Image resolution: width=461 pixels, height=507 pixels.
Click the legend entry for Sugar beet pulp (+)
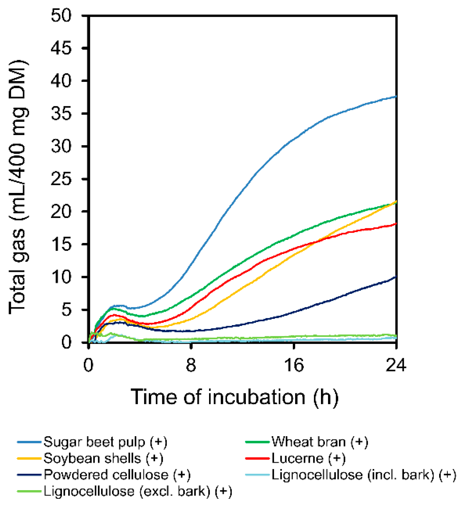click(105, 442)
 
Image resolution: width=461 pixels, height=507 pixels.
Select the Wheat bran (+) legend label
click(320, 442)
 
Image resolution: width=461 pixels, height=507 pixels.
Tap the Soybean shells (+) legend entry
click(103, 458)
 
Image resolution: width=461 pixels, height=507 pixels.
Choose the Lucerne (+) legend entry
click(308, 458)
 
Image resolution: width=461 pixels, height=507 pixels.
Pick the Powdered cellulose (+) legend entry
click(117, 475)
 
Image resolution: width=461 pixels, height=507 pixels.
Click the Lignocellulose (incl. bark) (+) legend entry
click(363, 475)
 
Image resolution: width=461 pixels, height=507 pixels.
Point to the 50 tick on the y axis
click(61, 16)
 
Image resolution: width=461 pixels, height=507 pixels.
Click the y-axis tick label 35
click(61, 114)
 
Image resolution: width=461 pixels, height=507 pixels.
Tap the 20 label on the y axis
click(61, 212)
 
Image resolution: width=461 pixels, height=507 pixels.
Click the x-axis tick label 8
click(191, 365)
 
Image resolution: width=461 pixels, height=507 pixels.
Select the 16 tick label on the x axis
click(294, 365)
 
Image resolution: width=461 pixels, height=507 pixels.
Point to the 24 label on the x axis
click(396, 365)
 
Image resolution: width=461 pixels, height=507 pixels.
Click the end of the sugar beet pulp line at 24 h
click(396, 97)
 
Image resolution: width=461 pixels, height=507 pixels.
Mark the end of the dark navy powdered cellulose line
click(396, 277)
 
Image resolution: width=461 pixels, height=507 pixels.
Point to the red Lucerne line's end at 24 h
click(396, 224)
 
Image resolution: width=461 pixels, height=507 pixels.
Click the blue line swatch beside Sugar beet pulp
click(29, 442)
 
